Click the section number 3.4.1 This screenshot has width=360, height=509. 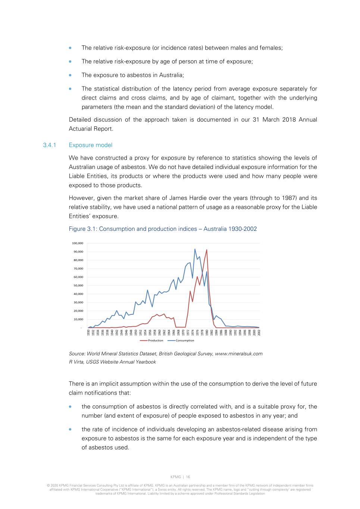click(49, 145)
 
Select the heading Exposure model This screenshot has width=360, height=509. click(90, 145)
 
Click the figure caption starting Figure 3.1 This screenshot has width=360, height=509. click(163, 229)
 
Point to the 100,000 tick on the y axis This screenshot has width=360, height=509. click(78, 243)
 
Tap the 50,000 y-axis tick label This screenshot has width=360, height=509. click(78, 286)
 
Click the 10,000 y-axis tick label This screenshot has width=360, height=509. click(78, 319)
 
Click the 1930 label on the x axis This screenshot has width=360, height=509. click(88, 332)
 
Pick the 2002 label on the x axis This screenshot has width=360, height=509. click(259, 332)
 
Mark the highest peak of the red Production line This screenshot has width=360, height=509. click(207, 250)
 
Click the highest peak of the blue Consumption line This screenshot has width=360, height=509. click(195, 249)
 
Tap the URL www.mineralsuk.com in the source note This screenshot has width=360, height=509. click(238, 354)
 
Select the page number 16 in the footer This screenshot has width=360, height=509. click(188, 477)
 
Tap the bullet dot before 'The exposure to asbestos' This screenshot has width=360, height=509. click(70, 75)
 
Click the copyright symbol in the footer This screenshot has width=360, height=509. click(48, 486)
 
